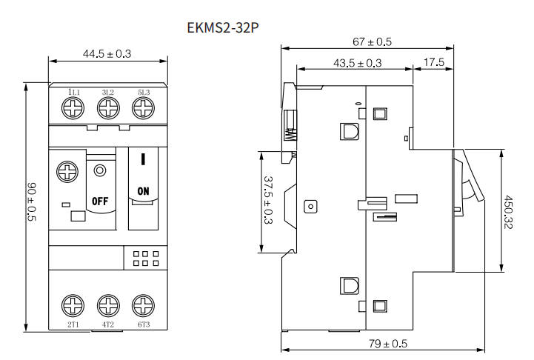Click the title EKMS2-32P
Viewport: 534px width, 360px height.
point(223,27)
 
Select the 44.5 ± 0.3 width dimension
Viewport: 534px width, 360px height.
point(107,54)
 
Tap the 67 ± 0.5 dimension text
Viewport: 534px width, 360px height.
point(372,42)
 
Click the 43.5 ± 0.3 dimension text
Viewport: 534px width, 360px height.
point(357,63)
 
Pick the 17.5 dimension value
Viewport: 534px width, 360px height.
point(434,62)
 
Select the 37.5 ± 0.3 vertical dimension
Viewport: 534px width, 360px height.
point(268,200)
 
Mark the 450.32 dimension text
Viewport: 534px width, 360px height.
point(508,212)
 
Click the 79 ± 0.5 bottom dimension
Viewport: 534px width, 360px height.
point(388,343)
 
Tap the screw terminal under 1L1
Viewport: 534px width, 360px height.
point(73,108)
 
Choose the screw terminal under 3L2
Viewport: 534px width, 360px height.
point(108,108)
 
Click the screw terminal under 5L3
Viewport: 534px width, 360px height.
point(144,108)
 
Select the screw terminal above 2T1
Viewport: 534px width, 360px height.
point(73,305)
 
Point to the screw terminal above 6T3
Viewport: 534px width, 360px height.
point(144,305)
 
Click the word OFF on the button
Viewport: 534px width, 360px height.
point(100,201)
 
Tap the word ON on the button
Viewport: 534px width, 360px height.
point(144,191)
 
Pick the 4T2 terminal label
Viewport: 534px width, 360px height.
point(108,324)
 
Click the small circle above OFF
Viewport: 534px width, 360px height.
point(100,170)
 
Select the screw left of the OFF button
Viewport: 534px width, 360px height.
point(67,172)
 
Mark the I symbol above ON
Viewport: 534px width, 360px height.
point(144,159)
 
